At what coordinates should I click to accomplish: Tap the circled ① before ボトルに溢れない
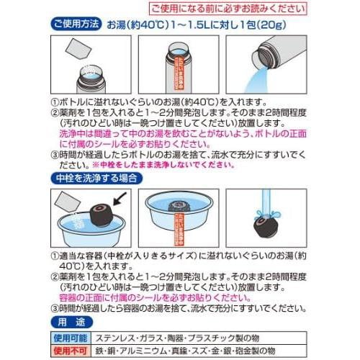(x=55, y=103)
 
